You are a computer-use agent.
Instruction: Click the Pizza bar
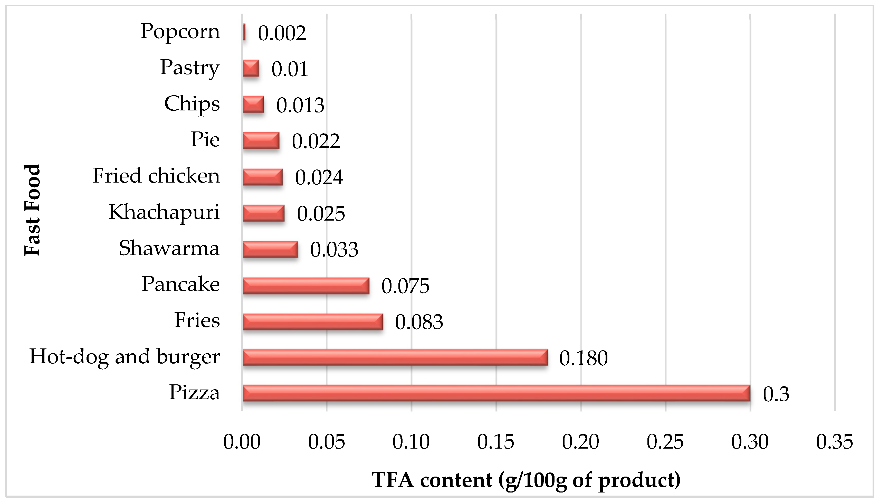[496, 393]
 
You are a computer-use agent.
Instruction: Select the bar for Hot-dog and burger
[395, 357]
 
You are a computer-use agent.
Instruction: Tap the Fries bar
[313, 321]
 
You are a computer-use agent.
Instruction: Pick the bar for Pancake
[306, 286]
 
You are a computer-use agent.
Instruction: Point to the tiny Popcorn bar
[244, 32]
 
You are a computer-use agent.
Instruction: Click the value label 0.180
[583, 358]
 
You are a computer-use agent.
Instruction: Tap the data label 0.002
[282, 33]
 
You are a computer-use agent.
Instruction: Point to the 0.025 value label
[321, 213]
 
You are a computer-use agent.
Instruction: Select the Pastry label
[190, 68]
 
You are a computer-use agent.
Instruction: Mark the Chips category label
[192, 104]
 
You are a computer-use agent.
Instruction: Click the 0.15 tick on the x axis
[495, 442]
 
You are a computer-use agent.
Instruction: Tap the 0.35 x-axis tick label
[834, 442]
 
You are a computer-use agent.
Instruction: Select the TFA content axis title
[526, 480]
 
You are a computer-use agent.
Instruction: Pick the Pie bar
[261, 141]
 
